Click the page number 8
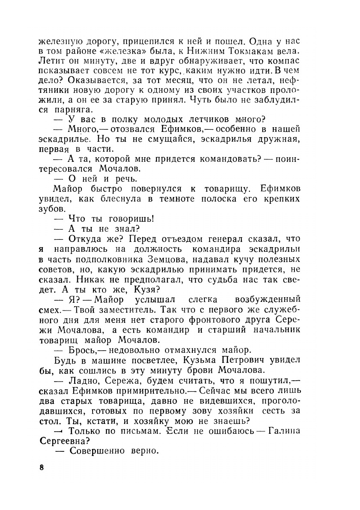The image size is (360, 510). (x=42, y=467)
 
